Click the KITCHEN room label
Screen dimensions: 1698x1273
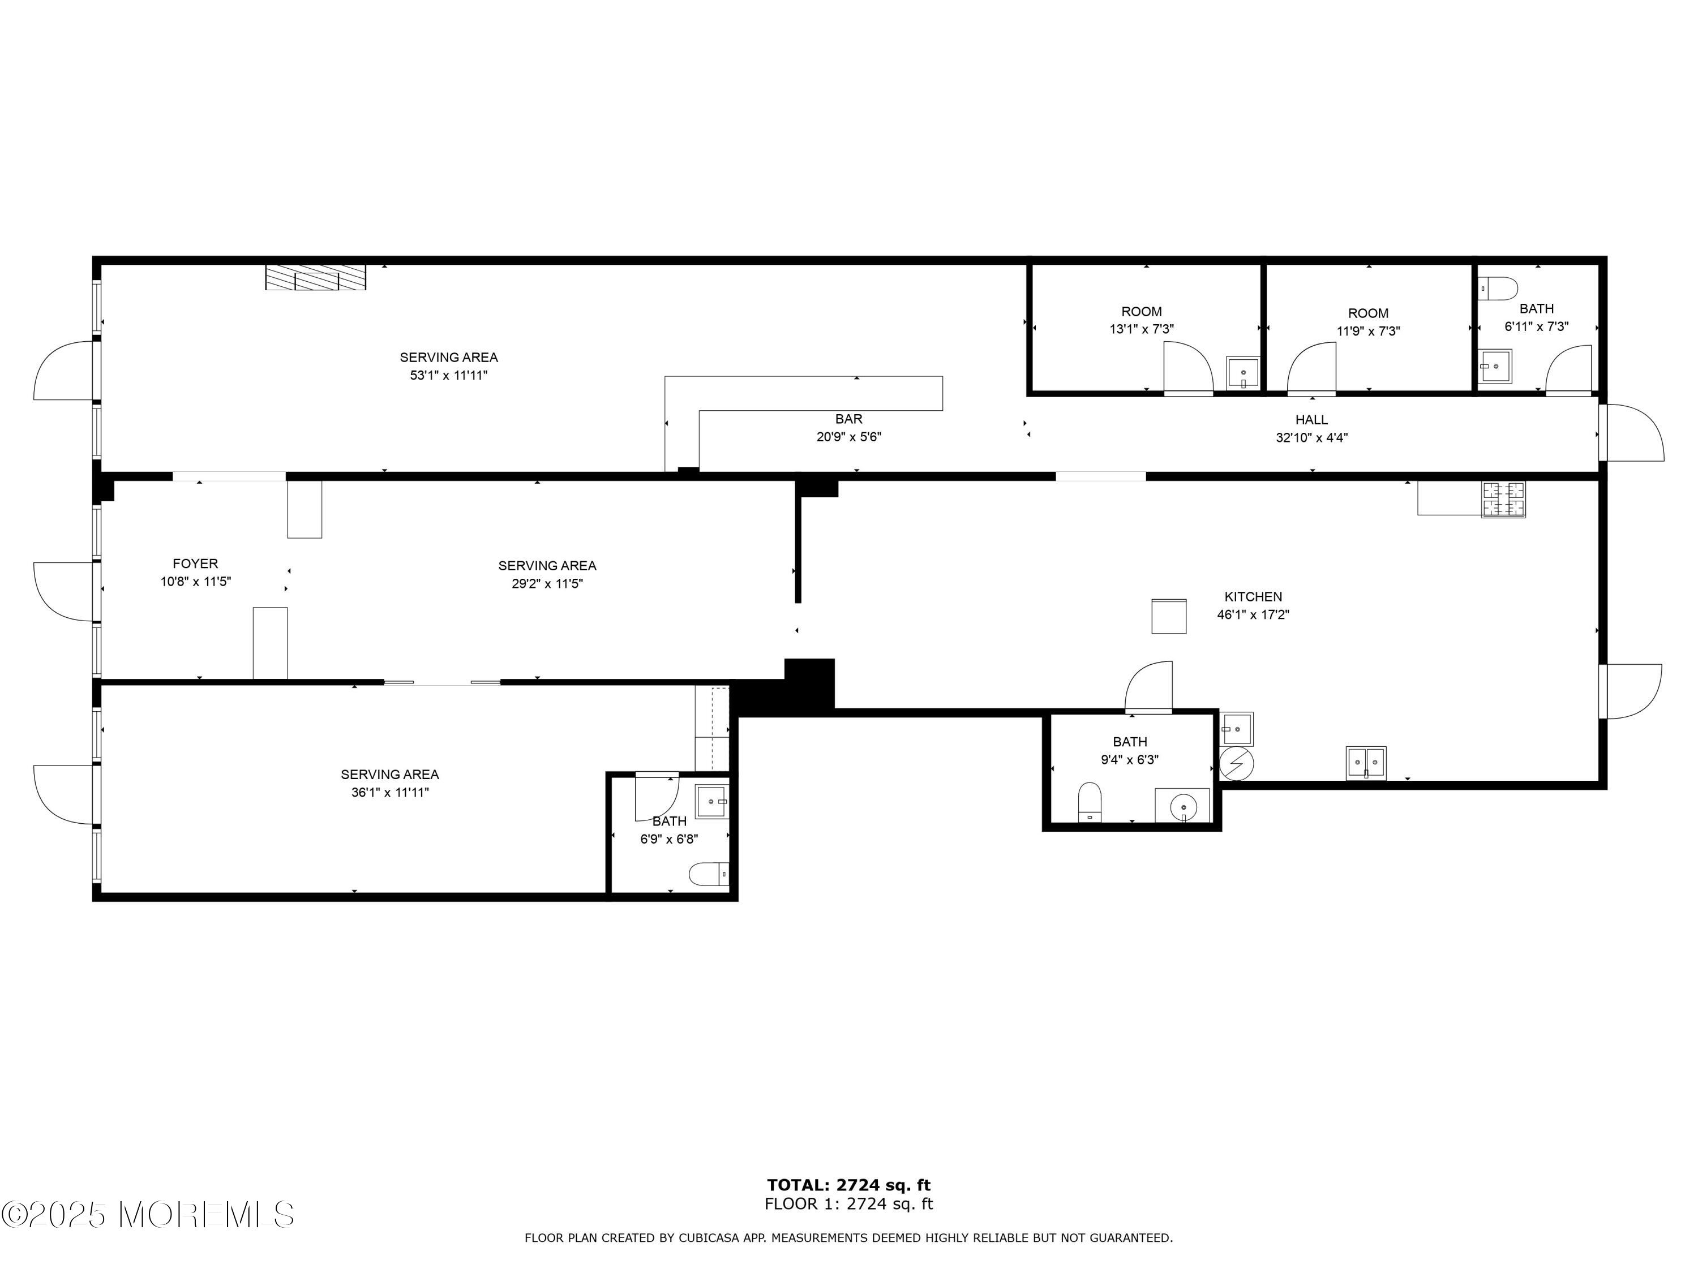coord(1253,596)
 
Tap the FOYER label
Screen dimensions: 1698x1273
coord(195,563)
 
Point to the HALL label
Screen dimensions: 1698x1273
coord(1311,420)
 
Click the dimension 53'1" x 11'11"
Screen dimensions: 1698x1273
coord(449,375)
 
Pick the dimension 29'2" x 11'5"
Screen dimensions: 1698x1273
coord(547,583)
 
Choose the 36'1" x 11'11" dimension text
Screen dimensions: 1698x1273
coord(390,793)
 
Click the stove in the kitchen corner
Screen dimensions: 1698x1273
coord(1503,500)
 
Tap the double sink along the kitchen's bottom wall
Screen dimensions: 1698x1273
coord(1366,763)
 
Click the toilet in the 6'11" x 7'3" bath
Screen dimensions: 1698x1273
coord(1498,289)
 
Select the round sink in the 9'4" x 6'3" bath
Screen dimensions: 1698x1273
coord(1183,806)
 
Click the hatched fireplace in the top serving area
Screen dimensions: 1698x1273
coord(315,277)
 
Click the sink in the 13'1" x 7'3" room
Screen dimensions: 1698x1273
coord(1242,373)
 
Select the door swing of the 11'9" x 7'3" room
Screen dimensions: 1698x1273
coord(1311,368)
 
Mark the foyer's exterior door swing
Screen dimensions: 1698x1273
coord(65,592)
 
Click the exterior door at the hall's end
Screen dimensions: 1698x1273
coord(1632,433)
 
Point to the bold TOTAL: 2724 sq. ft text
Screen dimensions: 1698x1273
coord(848,1185)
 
